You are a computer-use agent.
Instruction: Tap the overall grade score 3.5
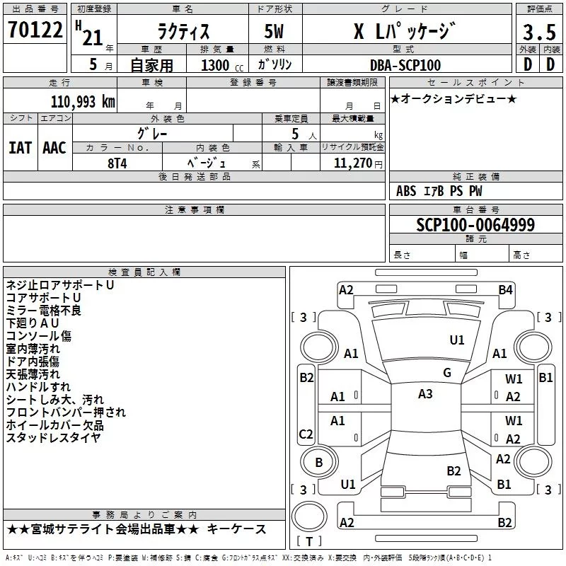(x=538, y=33)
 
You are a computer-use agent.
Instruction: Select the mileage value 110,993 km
(x=83, y=101)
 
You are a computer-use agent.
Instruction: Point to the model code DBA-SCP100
(x=405, y=65)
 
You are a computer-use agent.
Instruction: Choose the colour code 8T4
(x=117, y=163)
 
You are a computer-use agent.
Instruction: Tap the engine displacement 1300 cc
(x=215, y=65)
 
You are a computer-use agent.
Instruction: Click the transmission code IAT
(x=20, y=148)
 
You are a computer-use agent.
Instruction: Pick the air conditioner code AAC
(x=54, y=148)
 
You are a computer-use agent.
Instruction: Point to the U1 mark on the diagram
(x=457, y=340)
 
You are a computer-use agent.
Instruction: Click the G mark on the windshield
(x=447, y=372)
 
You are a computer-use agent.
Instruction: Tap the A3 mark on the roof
(x=425, y=394)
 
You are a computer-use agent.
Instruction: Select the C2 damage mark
(x=306, y=434)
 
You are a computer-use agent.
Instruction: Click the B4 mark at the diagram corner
(x=505, y=289)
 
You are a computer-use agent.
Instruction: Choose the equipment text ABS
(x=406, y=191)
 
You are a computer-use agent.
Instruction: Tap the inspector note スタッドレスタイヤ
(x=53, y=437)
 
